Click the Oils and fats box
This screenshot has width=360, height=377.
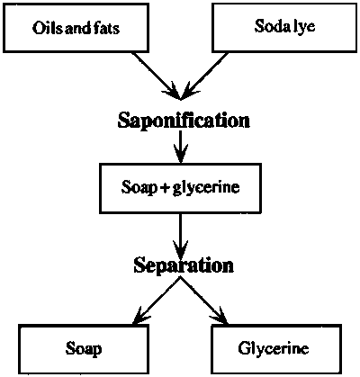click(x=76, y=28)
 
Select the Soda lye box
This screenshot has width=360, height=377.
click(x=284, y=27)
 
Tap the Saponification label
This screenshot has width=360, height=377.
click(x=184, y=121)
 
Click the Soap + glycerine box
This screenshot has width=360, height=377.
click(x=180, y=188)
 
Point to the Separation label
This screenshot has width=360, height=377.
click(x=184, y=265)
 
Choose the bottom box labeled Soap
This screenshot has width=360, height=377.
click(x=84, y=349)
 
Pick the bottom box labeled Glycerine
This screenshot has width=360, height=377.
click(x=276, y=349)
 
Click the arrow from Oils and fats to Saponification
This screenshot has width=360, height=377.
click(x=157, y=76)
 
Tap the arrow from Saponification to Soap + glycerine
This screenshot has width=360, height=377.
click(x=180, y=147)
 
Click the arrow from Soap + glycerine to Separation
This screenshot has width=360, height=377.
click(x=180, y=235)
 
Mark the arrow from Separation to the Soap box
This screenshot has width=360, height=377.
click(x=156, y=301)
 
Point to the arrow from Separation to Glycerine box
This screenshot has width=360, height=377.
click(x=204, y=301)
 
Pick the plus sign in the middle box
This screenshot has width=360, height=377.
click(x=165, y=188)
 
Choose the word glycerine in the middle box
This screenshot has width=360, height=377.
click(x=206, y=188)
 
